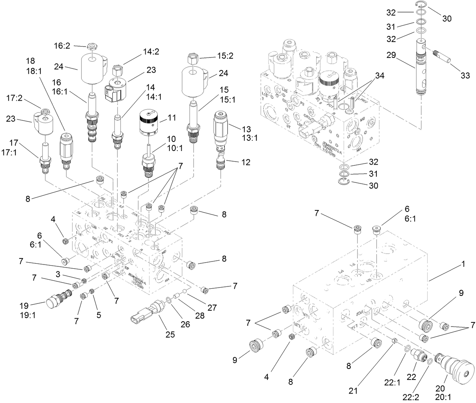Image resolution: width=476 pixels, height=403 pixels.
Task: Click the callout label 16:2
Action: coord(62,46)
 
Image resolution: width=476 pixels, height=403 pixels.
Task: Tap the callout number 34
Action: coord(379,76)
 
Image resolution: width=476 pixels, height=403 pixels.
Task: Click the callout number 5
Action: coord(99,314)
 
